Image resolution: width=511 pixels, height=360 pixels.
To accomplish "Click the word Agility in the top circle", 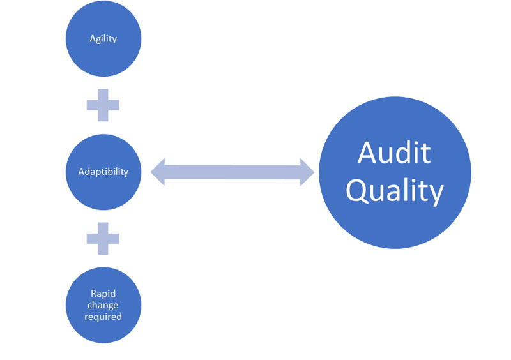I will click(103, 39).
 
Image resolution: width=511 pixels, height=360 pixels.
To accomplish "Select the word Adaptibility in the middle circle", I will click(103, 172).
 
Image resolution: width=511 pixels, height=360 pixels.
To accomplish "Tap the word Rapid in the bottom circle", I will click(103, 295).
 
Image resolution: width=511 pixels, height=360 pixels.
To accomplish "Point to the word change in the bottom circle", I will click(103, 305).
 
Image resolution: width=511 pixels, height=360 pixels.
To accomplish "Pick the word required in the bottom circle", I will click(103, 316).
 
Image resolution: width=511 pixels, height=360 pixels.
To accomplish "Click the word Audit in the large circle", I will click(394, 153).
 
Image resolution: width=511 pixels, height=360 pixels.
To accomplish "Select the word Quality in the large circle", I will click(394, 190).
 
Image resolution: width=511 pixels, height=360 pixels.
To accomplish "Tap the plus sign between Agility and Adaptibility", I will click(103, 105).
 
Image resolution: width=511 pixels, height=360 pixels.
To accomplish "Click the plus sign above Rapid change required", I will click(103, 237).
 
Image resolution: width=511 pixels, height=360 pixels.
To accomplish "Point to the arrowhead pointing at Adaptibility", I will click(158, 172).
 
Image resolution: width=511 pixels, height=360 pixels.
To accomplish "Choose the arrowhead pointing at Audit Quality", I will click(307, 172).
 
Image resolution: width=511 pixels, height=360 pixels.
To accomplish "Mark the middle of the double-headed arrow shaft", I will click(233, 172).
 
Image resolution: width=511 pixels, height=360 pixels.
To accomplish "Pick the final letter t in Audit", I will click(425, 153).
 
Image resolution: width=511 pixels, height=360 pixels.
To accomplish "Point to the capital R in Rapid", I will click(93, 295).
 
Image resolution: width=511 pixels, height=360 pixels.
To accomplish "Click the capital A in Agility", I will click(92, 39).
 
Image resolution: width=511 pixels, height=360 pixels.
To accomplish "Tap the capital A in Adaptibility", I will click(81, 172).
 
